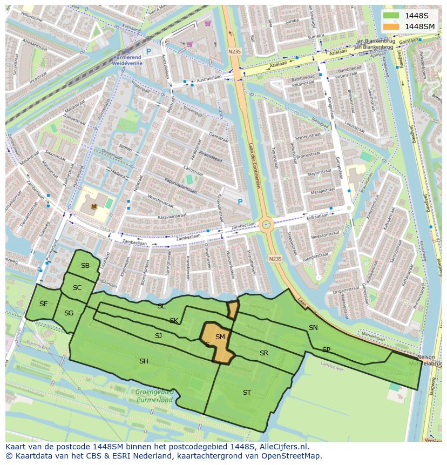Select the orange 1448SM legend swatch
click(391, 26)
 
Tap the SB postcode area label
click(85, 266)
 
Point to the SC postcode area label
click(77, 288)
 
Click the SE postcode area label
click(43, 304)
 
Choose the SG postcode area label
click(69, 313)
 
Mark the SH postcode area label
click(144, 361)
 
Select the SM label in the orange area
click(220, 337)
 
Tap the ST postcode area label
click(247, 393)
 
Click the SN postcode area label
click(313, 328)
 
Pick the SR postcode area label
click(264, 353)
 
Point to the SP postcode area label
click(326, 350)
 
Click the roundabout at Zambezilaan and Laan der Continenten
click(266, 225)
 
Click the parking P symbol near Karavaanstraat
click(240, 202)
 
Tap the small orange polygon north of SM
click(233, 310)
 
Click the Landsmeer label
click(331, 364)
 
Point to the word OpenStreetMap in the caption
click(295, 456)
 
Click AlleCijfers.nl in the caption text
click(282, 447)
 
